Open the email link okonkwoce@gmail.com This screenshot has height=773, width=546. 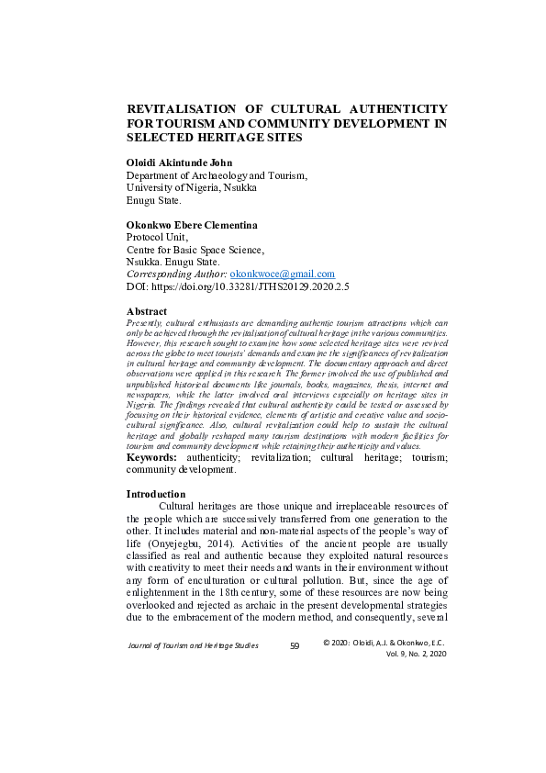tap(283, 274)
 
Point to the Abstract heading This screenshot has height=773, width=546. tap(147, 312)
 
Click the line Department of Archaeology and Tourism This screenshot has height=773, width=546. tap(217, 174)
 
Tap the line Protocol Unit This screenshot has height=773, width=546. tap(156, 236)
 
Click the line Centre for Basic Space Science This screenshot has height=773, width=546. tap(195, 249)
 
